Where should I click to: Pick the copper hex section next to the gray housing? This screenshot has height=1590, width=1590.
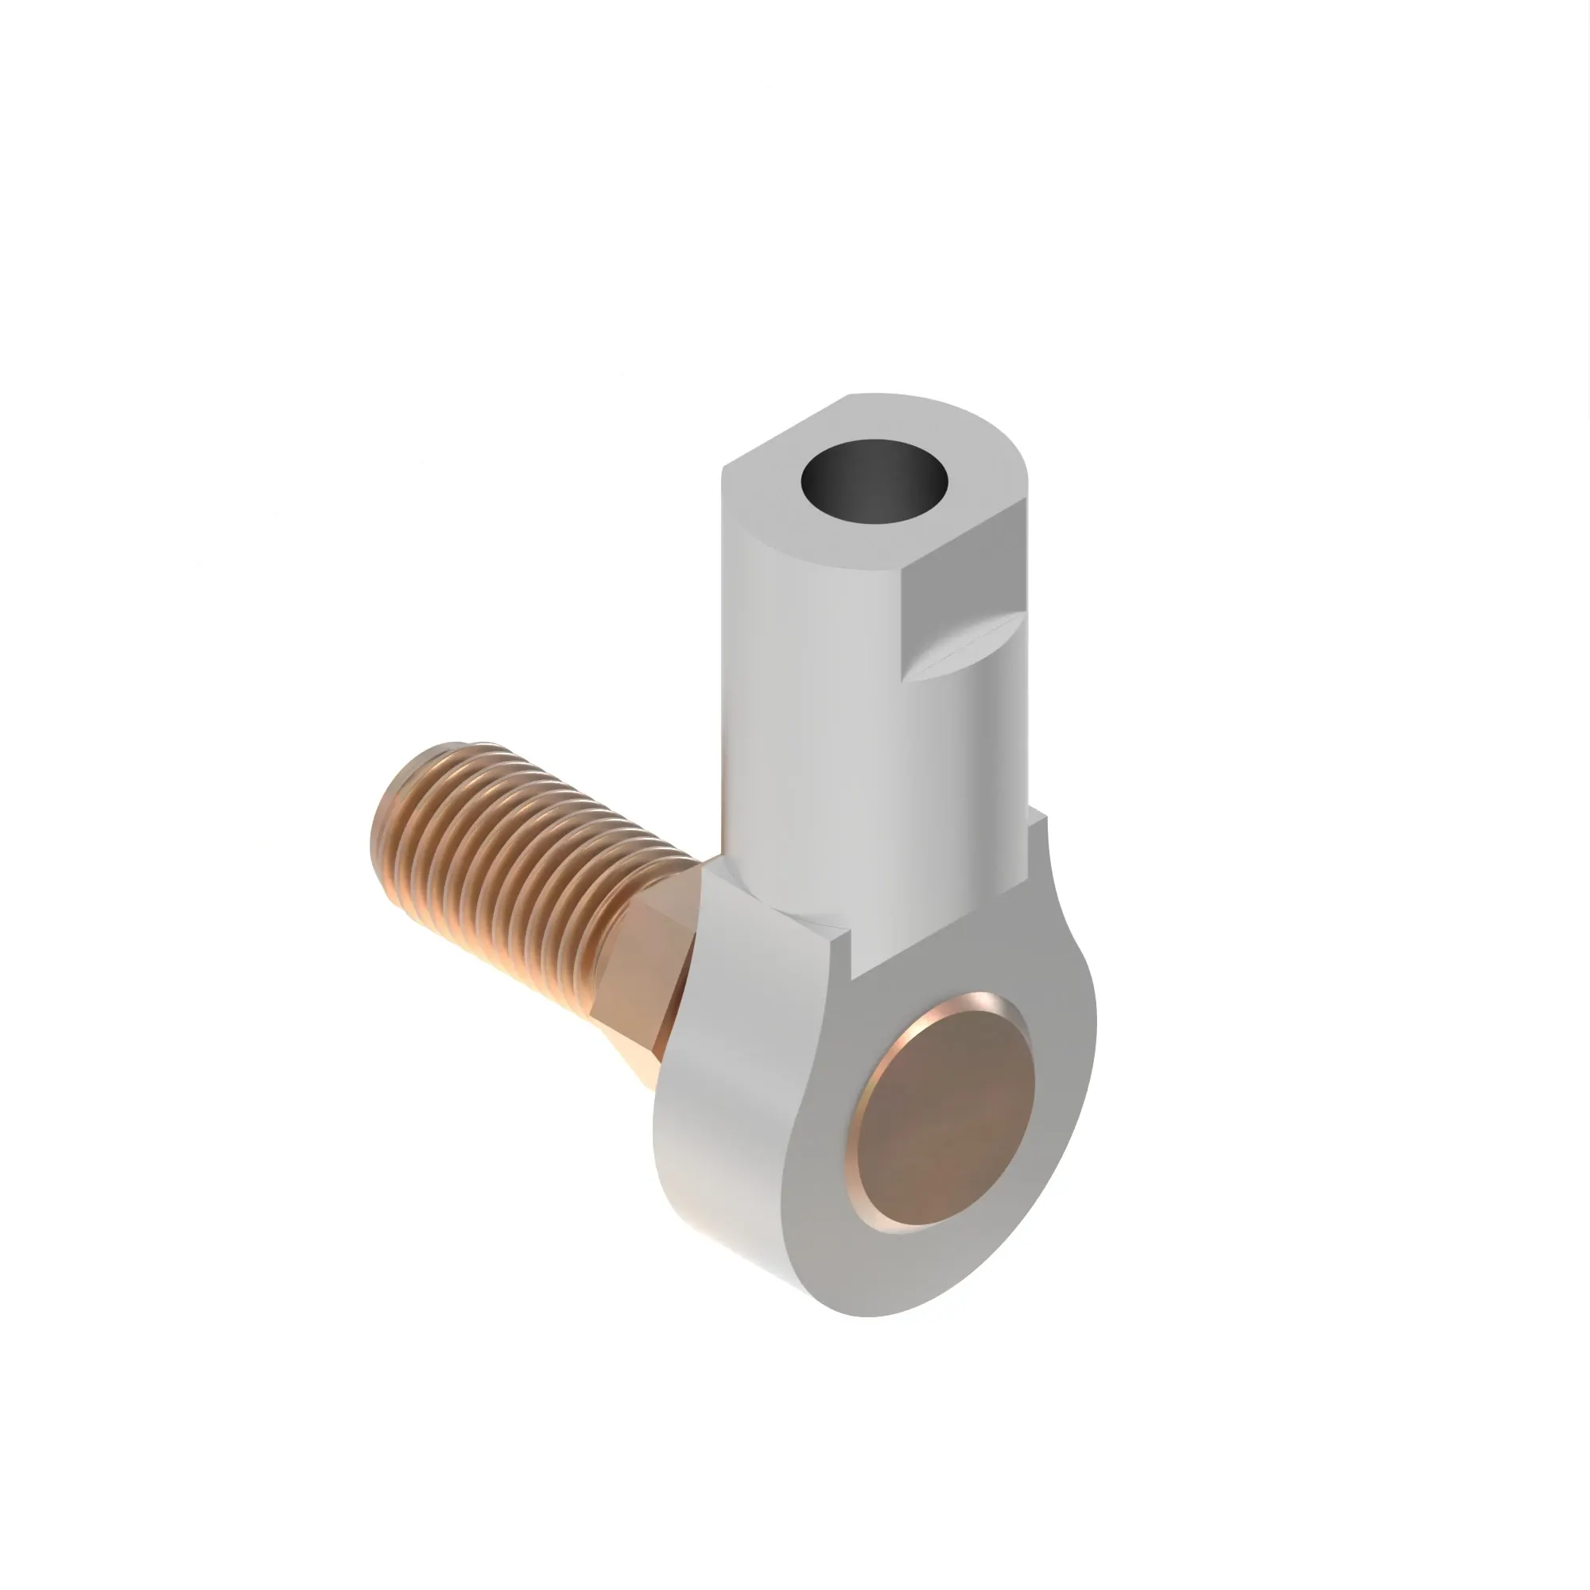click(650, 963)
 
